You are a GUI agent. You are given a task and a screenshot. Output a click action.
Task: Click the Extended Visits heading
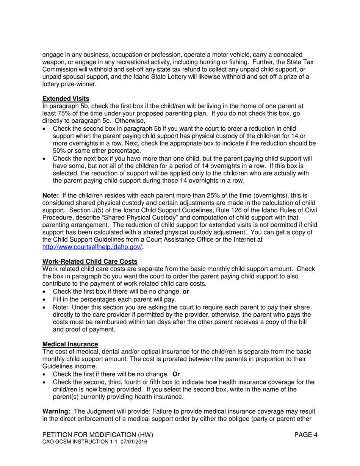coord(66,99)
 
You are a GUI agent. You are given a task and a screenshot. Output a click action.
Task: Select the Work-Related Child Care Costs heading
coord(90,261)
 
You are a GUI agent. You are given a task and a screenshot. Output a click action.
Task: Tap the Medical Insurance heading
coord(70,344)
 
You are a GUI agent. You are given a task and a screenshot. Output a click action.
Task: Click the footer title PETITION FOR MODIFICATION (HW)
coord(97,435)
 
